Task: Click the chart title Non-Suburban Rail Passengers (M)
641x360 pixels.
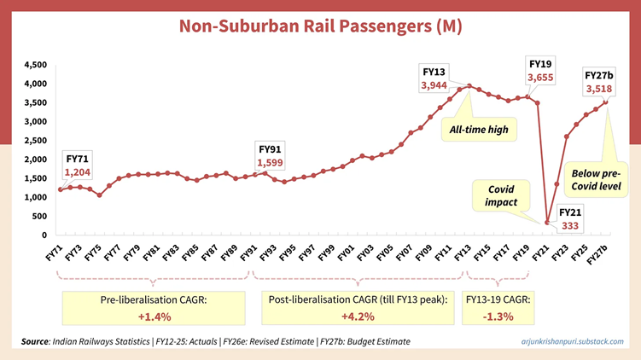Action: [x=320, y=26]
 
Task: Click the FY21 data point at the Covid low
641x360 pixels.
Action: [x=547, y=223]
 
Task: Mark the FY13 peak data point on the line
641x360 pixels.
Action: [x=469, y=86]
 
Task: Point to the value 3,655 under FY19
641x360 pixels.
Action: [x=540, y=78]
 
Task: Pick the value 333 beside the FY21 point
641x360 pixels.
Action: [x=569, y=226]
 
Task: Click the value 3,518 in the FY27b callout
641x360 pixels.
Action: [x=598, y=89]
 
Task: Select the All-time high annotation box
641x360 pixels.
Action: [x=481, y=129]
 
